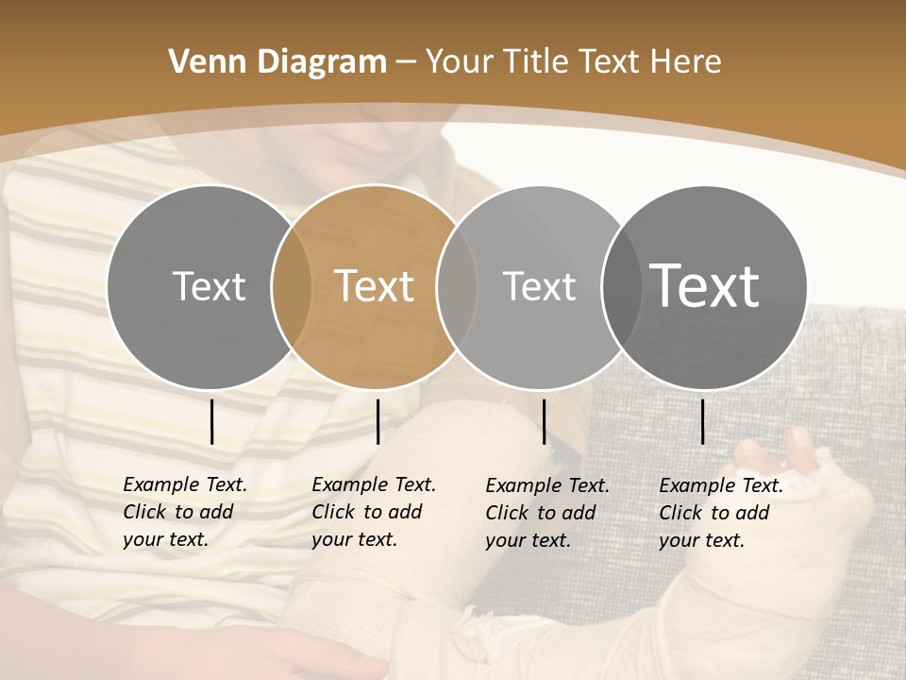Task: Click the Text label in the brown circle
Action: [x=374, y=286]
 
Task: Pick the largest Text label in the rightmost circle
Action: [x=704, y=285]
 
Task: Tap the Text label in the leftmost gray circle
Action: [x=209, y=286]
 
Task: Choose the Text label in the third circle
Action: [x=539, y=286]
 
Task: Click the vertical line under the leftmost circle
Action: [x=211, y=421]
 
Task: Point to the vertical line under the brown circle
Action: [x=377, y=421]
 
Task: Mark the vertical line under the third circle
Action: [x=544, y=421]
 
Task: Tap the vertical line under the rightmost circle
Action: [x=702, y=421]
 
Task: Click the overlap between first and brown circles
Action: [x=292, y=287]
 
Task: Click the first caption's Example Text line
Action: [x=185, y=484]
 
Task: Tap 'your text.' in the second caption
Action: [x=354, y=539]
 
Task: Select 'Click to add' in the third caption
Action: [x=541, y=513]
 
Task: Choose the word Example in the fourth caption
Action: [x=694, y=485]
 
